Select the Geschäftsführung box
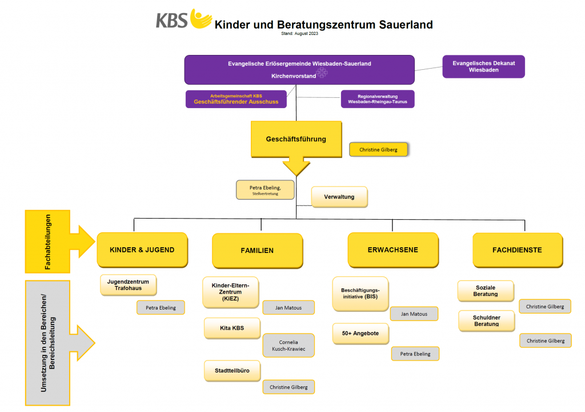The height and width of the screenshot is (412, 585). point(296,139)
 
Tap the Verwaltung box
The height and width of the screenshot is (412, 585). point(339,197)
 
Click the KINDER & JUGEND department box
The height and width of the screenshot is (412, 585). point(142,249)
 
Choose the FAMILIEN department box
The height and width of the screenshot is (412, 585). point(257,251)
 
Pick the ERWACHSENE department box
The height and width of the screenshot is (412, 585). point(393,250)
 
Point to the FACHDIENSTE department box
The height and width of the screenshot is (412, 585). point(517,250)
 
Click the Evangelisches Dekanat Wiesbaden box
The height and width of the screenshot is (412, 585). point(483,66)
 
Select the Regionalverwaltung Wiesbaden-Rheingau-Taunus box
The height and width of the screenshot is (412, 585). point(377,99)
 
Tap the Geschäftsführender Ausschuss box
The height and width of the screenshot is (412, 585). point(236,99)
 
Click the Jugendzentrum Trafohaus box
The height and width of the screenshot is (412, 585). point(128,285)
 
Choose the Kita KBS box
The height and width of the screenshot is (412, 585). point(232,328)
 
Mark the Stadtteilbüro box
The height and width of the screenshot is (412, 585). point(232,371)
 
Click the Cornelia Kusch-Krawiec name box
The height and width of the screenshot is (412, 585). point(288,346)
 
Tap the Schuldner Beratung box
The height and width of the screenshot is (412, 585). point(486,320)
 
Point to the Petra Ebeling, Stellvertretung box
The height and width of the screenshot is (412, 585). point(265,189)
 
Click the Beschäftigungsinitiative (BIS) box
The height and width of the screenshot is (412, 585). point(360,293)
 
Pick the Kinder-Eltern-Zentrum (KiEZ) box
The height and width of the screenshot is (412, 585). point(230,292)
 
